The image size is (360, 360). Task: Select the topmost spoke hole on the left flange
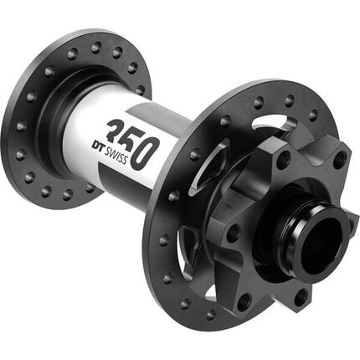coord(95,47)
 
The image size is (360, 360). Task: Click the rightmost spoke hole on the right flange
coord(339,156)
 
